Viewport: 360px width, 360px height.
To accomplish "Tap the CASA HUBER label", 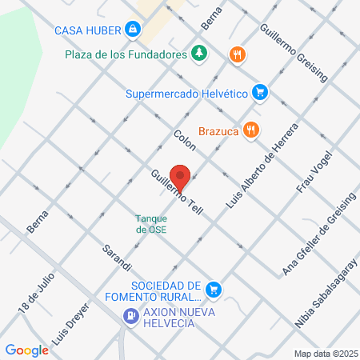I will pyautogui.click(x=87, y=30).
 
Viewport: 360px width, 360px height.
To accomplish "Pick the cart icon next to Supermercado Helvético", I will pyautogui.click(x=259, y=93).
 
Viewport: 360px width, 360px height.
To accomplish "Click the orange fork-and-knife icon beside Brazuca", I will pyautogui.click(x=250, y=129).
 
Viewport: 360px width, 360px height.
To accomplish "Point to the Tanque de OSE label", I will pyautogui.click(x=151, y=224).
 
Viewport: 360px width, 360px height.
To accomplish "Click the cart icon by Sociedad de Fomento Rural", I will pyautogui.click(x=213, y=289).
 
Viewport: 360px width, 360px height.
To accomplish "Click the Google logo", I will pyautogui.click(x=26, y=350).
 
